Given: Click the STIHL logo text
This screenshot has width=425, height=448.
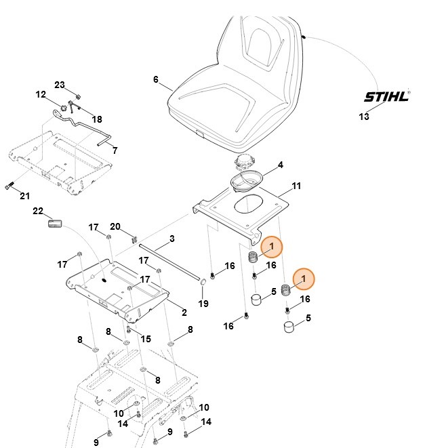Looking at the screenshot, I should click(x=386, y=96).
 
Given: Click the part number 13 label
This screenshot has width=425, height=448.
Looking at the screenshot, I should click(x=364, y=117).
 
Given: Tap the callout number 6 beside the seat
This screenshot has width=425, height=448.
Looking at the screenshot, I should click(x=156, y=80).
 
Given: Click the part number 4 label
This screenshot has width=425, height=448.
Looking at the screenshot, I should click(x=280, y=165).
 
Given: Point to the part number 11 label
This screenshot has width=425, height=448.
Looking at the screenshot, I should click(x=296, y=185).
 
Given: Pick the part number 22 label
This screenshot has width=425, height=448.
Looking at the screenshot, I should click(x=38, y=211).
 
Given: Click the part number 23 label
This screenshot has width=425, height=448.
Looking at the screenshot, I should click(x=59, y=85).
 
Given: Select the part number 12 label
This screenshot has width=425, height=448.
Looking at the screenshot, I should click(x=40, y=95).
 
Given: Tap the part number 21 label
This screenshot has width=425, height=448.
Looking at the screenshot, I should click(x=24, y=196).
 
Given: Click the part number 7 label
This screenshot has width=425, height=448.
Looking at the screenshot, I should click(x=115, y=150).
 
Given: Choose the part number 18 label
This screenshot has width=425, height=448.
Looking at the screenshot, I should click(x=97, y=119).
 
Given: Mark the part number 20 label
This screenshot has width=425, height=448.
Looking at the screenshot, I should click(x=115, y=226).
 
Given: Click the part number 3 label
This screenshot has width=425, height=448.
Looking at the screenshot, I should click(x=171, y=239).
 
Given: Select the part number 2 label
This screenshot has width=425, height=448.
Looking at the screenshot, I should click(x=183, y=312).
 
